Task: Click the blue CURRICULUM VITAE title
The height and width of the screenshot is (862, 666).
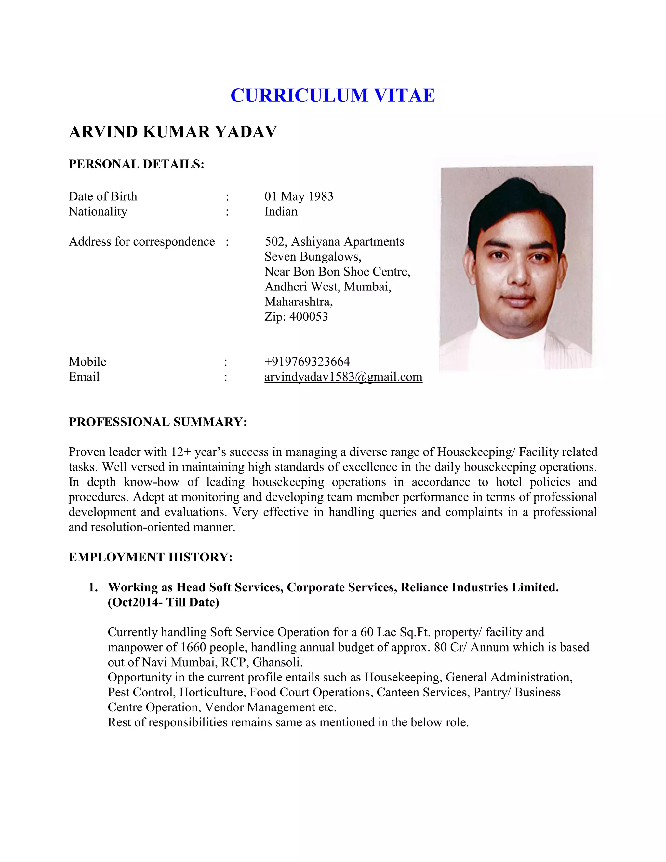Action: (333, 96)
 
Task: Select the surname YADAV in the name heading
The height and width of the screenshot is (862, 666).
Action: (246, 132)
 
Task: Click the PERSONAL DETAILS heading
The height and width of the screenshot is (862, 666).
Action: (137, 164)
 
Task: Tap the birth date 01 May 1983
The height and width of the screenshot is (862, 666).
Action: (299, 196)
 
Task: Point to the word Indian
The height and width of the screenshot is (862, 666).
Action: (281, 211)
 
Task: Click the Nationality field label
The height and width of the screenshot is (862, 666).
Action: (98, 211)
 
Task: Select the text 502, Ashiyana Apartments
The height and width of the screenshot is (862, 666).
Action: (334, 242)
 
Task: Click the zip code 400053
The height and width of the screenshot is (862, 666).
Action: (309, 317)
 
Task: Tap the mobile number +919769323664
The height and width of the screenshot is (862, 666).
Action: (307, 361)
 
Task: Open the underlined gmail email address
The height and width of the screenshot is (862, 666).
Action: (343, 377)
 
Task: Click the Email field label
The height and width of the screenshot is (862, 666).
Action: (84, 377)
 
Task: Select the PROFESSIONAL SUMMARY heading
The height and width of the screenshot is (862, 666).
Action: (158, 422)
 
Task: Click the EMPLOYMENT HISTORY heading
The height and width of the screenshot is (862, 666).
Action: (151, 557)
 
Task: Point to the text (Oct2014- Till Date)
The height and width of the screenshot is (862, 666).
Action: (163, 602)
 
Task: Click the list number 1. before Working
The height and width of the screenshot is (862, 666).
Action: (93, 587)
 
